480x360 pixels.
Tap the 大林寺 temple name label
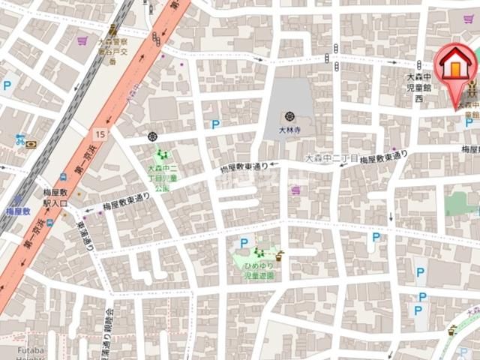(x=289, y=129)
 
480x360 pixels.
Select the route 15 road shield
(x=100, y=133)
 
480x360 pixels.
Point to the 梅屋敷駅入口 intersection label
(x=55, y=198)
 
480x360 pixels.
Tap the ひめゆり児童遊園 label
(x=259, y=271)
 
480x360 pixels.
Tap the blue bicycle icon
(x=20, y=139)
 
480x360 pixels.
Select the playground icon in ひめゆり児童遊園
(x=259, y=252)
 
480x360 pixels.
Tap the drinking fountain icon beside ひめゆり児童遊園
(x=279, y=254)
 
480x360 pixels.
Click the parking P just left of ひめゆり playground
(x=244, y=242)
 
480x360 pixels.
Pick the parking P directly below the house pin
(x=468, y=122)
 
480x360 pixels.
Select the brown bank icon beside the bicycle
(x=31, y=144)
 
